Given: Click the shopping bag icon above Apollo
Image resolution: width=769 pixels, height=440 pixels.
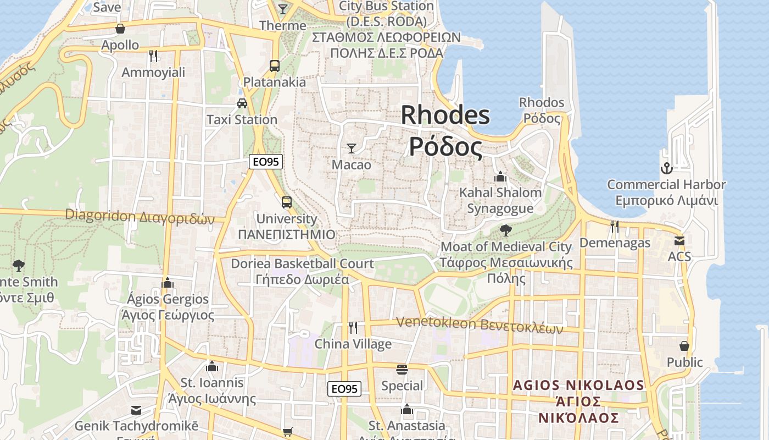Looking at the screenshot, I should (120, 29).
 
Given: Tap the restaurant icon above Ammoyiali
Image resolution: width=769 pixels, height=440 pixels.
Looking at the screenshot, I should (153, 56).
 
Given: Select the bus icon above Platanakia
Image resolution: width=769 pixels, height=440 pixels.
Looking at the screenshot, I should (275, 66).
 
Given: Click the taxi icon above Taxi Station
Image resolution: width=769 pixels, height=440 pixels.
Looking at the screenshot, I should (242, 103).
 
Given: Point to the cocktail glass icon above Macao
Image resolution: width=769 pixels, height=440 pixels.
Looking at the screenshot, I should (352, 148).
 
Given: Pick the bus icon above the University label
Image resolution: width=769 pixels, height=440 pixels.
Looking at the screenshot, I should (287, 202).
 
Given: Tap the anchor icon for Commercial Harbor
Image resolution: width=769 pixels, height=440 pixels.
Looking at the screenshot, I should (666, 168).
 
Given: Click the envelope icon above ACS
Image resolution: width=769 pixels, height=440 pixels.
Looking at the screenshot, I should (679, 240).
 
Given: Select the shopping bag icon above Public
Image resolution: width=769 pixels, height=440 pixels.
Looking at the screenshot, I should (684, 346).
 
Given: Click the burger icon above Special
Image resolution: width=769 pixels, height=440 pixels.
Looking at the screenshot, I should (402, 369).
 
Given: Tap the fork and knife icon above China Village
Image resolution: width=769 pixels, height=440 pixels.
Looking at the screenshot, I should (353, 328).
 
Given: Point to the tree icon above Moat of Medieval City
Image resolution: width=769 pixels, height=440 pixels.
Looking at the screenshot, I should (506, 230).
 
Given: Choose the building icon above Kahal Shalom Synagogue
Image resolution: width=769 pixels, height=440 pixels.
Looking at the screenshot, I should (500, 177).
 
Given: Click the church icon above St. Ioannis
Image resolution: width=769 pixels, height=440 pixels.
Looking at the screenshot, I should (212, 366).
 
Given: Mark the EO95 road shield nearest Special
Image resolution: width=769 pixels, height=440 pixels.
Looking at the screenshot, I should (344, 389).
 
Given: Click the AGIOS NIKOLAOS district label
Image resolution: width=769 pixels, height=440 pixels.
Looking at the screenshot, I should (578, 385).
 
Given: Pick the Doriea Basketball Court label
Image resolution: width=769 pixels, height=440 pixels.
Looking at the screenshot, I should (302, 263).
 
